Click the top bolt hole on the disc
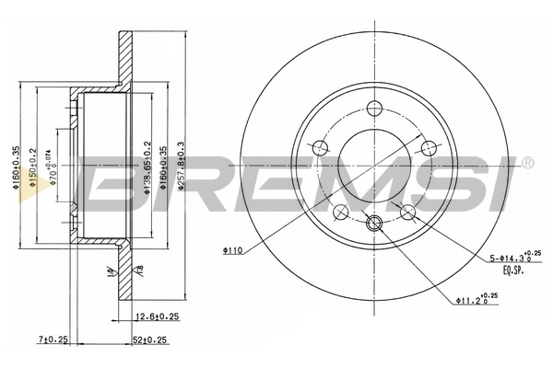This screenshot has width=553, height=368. (x=374, y=106)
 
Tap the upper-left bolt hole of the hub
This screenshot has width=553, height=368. (x=320, y=147)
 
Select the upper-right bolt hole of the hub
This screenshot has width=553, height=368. (x=428, y=147)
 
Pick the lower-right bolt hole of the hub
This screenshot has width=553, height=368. (x=408, y=213)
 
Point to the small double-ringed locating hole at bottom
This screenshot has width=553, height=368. (x=374, y=224)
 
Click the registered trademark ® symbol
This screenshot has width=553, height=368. (x=526, y=164)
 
